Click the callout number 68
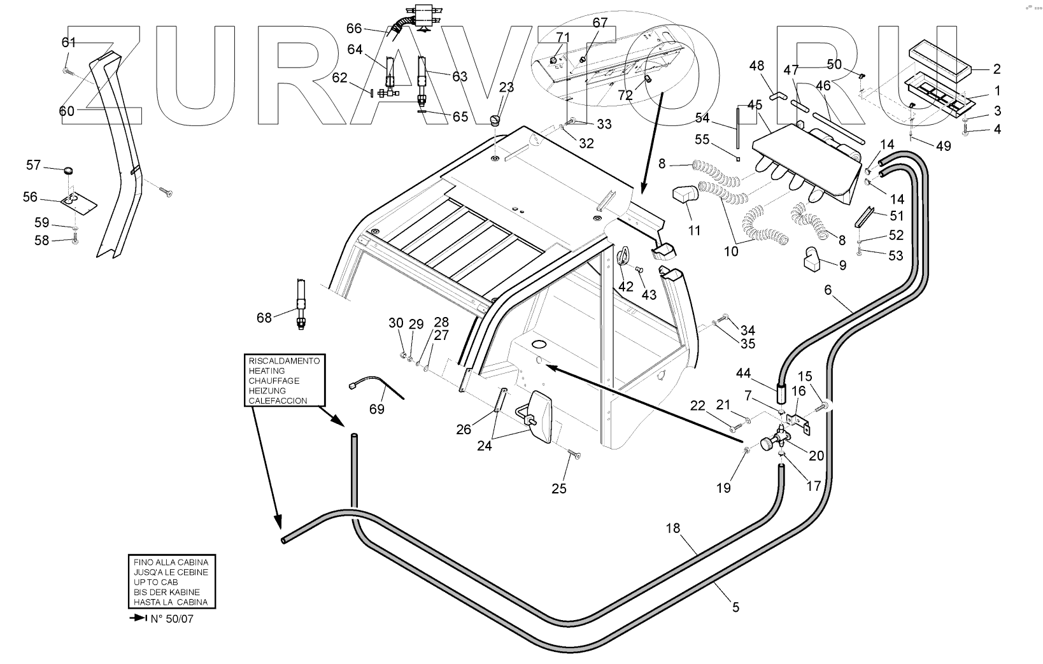(x=264, y=317)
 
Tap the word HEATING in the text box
(x=267, y=371)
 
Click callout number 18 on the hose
(x=673, y=528)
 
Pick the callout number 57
(x=33, y=166)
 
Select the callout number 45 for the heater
(x=755, y=104)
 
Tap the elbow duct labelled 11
(x=685, y=195)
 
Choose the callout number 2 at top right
(x=997, y=69)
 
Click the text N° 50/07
(x=171, y=619)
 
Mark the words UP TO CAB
(x=156, y=582)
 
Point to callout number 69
(x=377, y=409)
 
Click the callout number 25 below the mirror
(x=558, y=488)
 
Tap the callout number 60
(x=67, y=111)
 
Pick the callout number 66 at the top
(x=354, y=29)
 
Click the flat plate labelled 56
(x=80, y=202)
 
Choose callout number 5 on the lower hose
(x=735, y=607)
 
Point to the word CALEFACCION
(x=278, y=401)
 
